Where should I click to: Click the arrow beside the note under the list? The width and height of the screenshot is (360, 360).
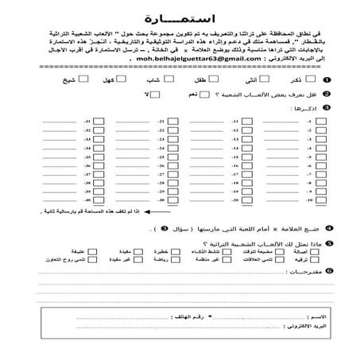click(37, 212)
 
